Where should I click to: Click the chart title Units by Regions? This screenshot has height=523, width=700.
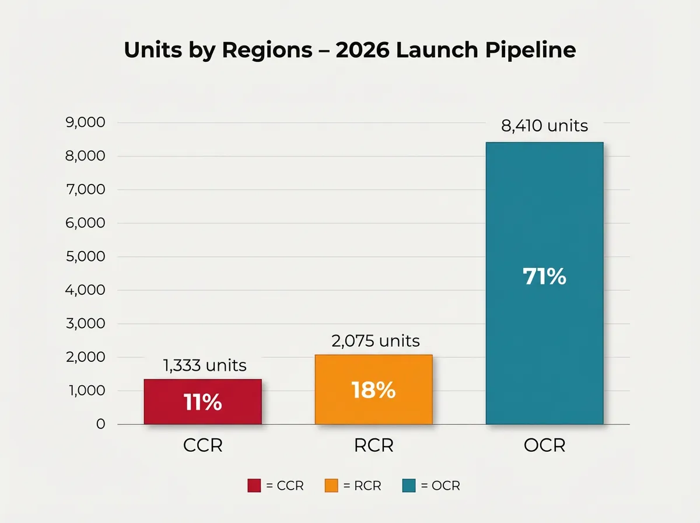point(350,50)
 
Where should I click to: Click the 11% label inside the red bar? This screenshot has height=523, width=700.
point(202,402)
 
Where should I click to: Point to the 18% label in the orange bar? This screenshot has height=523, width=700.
point(373,390)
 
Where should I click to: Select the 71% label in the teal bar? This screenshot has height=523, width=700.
point(544,277)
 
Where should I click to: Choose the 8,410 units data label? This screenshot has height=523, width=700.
point(544,125)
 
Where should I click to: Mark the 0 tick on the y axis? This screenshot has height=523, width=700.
point(100,424)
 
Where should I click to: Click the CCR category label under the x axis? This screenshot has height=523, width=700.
point(202,446)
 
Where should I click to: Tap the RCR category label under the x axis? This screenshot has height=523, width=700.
point(373,446)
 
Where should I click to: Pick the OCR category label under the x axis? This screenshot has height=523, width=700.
point(544,446)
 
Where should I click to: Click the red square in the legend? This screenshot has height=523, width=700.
point(254,486)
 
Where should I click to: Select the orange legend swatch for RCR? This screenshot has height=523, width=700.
point(331,486)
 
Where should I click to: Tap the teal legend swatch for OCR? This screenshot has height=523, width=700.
point(408,486)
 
